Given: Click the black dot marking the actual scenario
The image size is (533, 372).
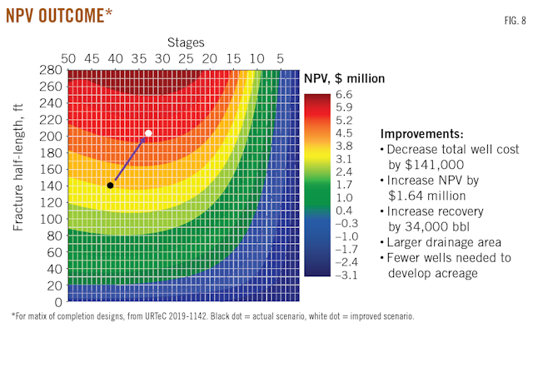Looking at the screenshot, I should [x=110, y=185].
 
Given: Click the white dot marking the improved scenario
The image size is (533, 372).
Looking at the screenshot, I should [x=148, y=133].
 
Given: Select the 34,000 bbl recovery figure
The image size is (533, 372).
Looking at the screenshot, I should [x=428, y=224].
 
